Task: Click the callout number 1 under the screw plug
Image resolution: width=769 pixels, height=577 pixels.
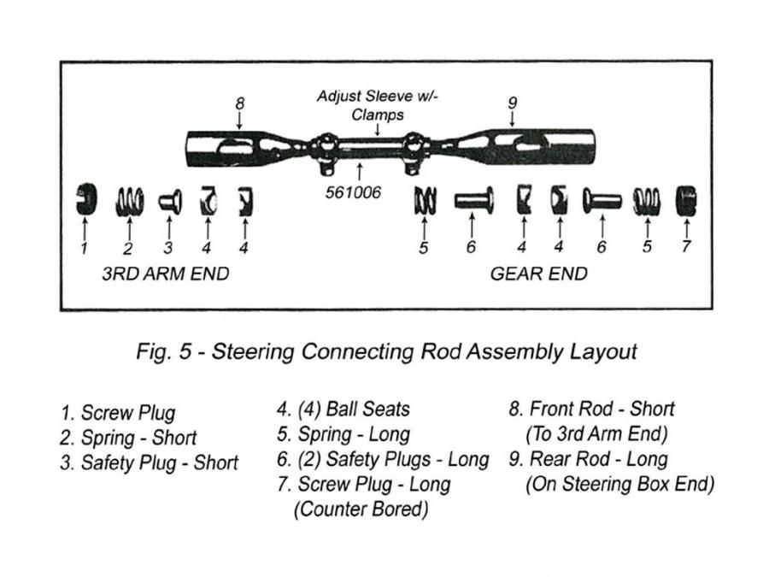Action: (x=84, y=249)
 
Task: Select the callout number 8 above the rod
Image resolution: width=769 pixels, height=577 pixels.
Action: (x=240, y=103)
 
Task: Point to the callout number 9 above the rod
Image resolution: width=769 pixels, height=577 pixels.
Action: (x=512, y=103)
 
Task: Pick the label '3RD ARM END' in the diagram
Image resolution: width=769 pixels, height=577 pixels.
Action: (x=166, y=274)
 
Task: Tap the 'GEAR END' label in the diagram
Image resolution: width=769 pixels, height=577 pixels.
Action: (x=538, y=274)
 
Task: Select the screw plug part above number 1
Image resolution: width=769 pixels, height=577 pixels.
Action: (x=84, y=200)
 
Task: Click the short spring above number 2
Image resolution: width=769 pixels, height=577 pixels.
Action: (x=128, y=201)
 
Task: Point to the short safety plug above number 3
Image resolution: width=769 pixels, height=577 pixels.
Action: (x=168, y=201)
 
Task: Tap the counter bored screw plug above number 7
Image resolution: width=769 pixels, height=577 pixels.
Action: (x=686, y=201)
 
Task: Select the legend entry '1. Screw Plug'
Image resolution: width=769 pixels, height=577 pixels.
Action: (x=118, y=413)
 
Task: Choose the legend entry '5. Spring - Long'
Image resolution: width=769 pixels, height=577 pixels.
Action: (x=343, y=434)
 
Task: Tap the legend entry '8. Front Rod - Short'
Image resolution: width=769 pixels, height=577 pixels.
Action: (x=592, y=409)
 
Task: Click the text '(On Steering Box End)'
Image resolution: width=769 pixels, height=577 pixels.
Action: (x=619, y=484)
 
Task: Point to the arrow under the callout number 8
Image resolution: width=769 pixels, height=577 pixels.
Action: (x=240, y=121)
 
